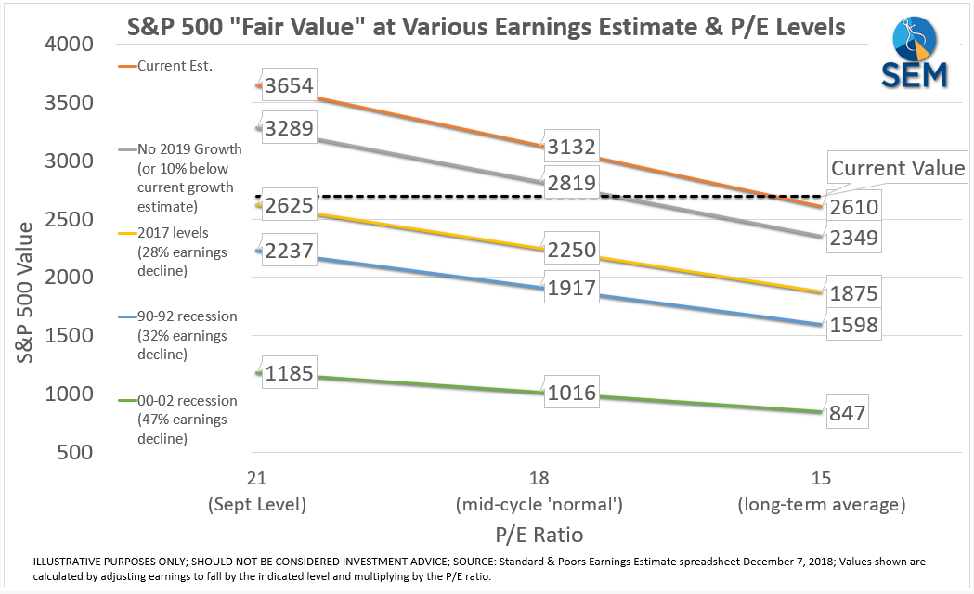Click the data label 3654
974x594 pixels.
pyautogui.click(x=289, y=86)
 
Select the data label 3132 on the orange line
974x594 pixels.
pyautogui.click(x=572, y=147)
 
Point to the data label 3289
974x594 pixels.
pyautogui.click(x=289, y=127)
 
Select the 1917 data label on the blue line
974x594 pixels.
pyautogui.click(x=572, y=288)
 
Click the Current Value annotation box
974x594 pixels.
pyautogui.click(x=897, y=169)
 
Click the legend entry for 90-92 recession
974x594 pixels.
pyautogui.click(x=186, y=316)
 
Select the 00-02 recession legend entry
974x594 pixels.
pyautogui.click(x=186, y=401)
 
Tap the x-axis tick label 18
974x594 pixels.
pyautogui.click(x=539, y=479)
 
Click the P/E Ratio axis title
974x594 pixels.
pyautogui.click(x=539, y=535)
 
